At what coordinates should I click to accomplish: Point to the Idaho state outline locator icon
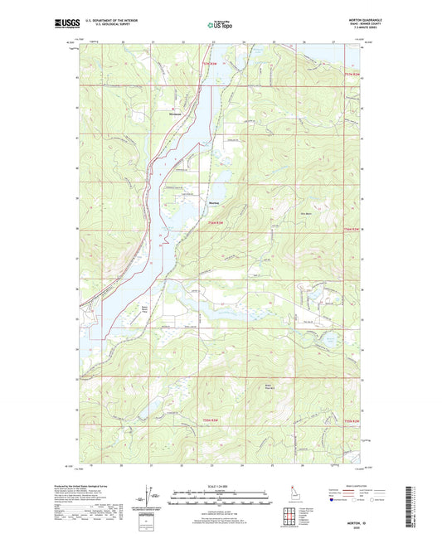(294, 491)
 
